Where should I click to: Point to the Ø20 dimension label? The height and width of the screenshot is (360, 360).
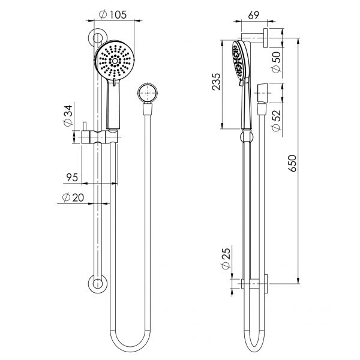[x=73, y=198]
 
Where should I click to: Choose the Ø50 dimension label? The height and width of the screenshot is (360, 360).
[x=275, y=61]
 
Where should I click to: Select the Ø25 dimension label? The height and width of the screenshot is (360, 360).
[x=226, y=262]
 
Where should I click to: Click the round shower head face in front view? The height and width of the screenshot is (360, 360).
[x=115, y=61]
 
